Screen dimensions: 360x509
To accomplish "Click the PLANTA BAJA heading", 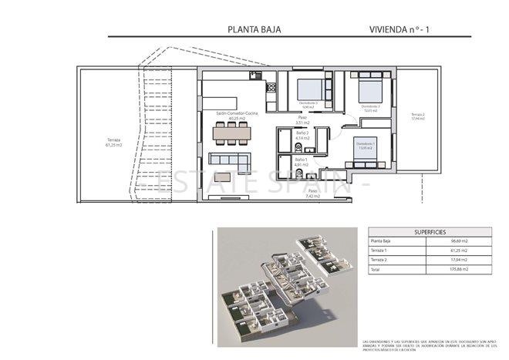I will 254,30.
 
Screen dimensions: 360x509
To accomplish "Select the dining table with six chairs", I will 232,133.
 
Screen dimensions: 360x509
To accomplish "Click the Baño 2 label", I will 302,135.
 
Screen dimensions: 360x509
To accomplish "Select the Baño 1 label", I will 301,162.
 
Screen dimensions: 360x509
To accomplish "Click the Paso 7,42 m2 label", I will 313,193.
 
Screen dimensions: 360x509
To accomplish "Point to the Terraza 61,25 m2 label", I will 114,143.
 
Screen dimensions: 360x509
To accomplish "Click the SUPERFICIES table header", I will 430,231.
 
